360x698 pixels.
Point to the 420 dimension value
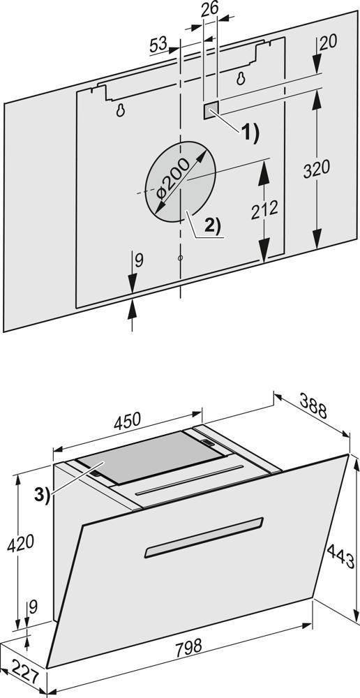[x=21, y=543]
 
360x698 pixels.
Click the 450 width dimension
[x=127, y=421]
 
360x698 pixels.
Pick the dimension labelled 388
[x=313, y=406]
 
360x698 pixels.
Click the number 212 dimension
[x=264, y=210]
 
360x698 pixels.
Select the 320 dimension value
[x=317, y=170]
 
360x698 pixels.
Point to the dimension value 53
[x=158, y=45]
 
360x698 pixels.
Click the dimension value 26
[x=210, y=10]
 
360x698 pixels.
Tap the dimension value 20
[x=329, y=41]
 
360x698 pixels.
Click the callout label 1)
[x=250, y=132]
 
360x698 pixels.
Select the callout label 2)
[x=212, y=226]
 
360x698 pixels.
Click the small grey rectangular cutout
[x=211, y=110]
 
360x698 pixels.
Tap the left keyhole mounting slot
[x=120, y=110]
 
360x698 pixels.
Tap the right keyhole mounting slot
[x=241, y=78]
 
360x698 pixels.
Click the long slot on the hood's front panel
[x=204, y=537]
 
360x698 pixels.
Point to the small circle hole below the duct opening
[x=180, y=258]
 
